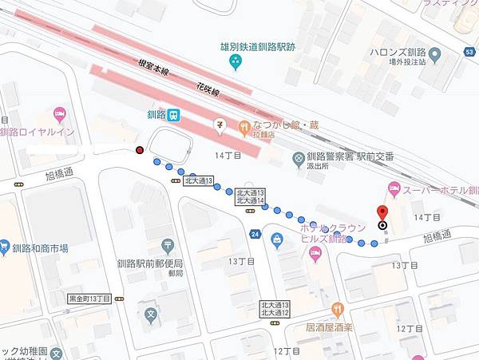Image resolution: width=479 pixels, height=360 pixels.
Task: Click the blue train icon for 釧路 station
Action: (x=173, y=114)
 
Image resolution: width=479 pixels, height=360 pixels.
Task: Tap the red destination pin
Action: (x=382, y=213)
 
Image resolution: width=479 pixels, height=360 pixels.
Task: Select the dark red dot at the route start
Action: (x=140, y=150)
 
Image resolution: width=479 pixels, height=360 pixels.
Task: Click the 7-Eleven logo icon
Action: (x=220, y=124)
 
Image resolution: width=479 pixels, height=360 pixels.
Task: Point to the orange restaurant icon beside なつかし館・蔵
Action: (x=243, y=125)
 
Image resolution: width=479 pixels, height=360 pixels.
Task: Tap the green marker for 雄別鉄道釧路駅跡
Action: (x=235, y=62)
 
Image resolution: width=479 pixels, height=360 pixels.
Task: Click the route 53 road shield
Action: (x=472, y=53)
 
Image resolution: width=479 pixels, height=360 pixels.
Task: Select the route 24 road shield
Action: (x=255, y=234)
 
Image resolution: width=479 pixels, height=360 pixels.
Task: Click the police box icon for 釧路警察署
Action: (x=299, y=157)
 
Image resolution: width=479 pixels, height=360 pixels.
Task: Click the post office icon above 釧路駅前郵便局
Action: (x=168, y=246)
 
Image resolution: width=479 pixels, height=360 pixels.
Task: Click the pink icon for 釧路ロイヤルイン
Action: (x=59, y=114)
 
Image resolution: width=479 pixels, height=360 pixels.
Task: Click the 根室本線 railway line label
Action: (x=153, y=69)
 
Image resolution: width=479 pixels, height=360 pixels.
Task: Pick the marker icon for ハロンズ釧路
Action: (x=434, y=55)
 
